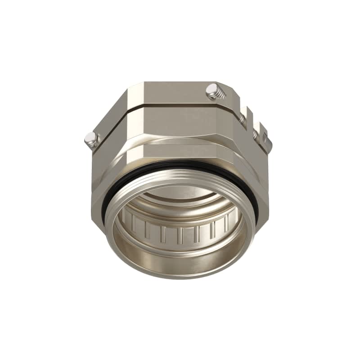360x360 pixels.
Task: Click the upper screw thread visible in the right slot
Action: (243, 117)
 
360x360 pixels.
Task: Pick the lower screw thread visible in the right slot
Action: (255, 134)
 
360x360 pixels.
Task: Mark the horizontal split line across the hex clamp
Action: (171, 107)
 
